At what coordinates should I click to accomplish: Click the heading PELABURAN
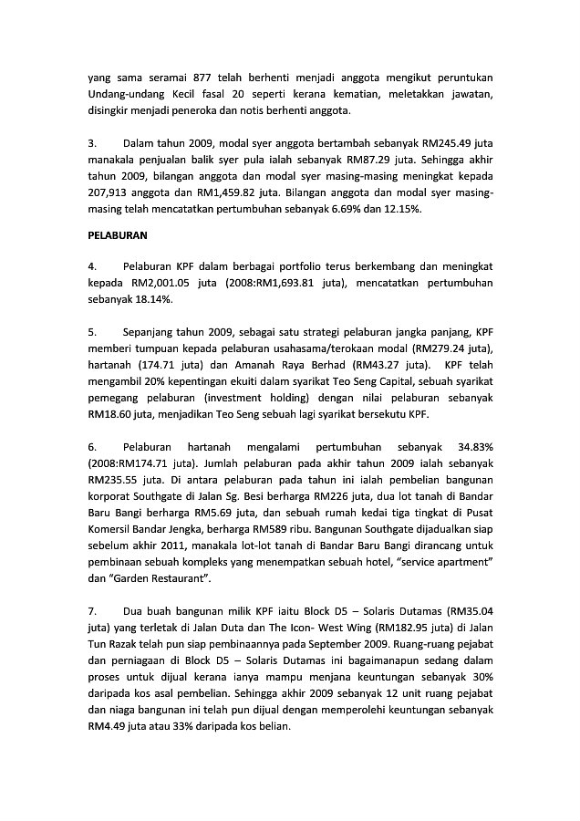[118, 235]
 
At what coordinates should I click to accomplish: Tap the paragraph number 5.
[91, 332]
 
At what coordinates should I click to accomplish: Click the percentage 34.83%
[471, 447]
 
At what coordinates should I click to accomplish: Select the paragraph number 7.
[91, 611]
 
